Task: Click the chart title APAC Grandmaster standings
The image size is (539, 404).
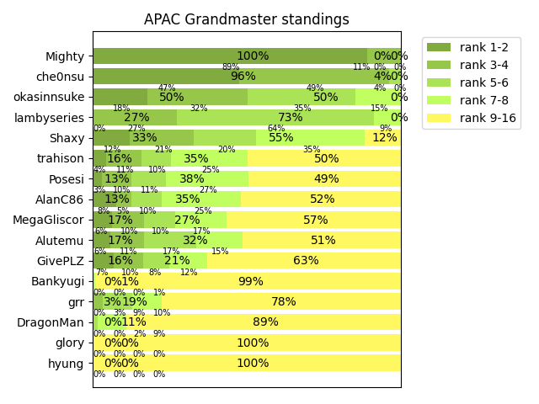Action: [x=246, y=19]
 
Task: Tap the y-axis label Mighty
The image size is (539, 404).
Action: [x=65, y=56]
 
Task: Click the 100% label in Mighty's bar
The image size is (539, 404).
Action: [x=252, y=56]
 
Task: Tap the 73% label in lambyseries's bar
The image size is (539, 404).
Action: [x=291, y=118]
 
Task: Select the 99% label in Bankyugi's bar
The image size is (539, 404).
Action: [x=250, y=282]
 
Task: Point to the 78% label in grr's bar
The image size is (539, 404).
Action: [x=283, y=302]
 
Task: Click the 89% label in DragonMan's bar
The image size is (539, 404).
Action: [x=265, y=322]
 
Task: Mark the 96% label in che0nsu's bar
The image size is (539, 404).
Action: [x=243, y=77]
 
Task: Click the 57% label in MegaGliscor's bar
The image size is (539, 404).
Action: [x=315, y=220]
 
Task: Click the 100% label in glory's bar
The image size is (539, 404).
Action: [x=252, y=343]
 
